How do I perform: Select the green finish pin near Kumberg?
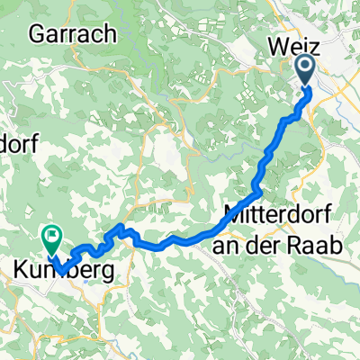click(x=50, y=238)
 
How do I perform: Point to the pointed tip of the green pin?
click(x=50, y=254)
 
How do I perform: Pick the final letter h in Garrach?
click(x=112, y=35)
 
